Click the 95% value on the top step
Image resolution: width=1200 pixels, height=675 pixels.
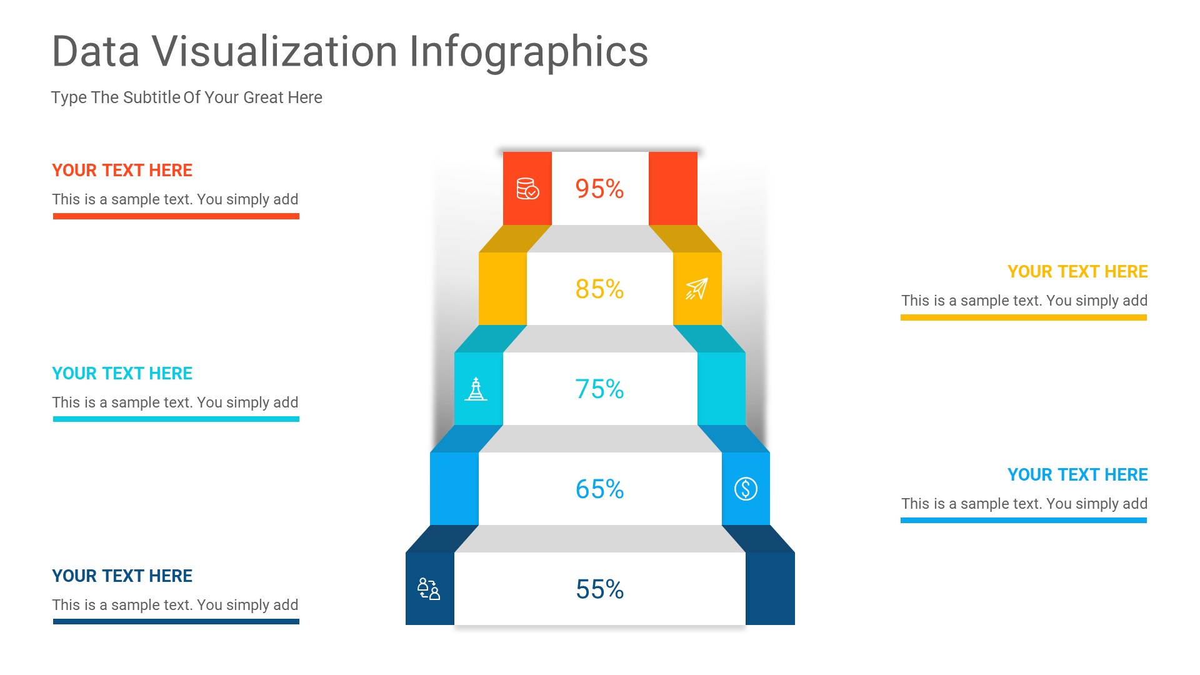[599, 189]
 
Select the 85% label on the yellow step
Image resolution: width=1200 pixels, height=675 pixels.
[599, 289]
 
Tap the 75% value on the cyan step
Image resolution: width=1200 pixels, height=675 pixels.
[599, 389]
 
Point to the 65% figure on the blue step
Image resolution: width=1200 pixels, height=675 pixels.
[599, 489]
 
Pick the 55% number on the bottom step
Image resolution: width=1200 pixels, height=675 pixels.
[599, 589]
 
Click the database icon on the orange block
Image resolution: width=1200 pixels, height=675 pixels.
[527, 189]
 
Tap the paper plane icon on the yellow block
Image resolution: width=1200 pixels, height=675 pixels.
[697, 289]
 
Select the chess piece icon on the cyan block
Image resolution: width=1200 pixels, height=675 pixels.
[476, 389]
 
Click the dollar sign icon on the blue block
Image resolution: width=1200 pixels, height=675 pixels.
[746, 489]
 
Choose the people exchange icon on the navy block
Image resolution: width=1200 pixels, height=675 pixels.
[429, 589]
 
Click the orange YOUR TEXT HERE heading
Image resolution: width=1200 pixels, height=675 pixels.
[122, 170]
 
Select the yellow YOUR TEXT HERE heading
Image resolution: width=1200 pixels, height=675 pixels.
[1077, 271]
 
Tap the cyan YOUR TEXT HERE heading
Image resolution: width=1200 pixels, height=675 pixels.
[122, 373]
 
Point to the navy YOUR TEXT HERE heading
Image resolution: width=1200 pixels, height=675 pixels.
[122, 576]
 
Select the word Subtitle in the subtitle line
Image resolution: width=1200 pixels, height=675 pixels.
[152, 97]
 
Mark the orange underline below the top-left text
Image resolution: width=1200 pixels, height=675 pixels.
[176, 216]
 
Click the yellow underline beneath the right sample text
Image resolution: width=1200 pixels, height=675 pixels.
[1023, 317]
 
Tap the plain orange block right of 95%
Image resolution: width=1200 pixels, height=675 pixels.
[673, 189]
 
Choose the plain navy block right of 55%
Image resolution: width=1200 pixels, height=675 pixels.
[770, 589]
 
